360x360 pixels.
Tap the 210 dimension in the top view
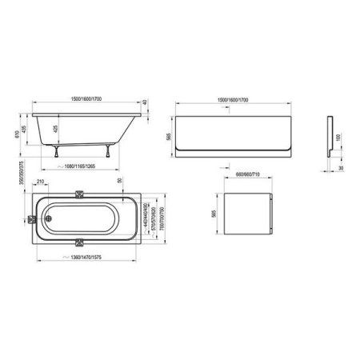pyautogui.click(x=41, y=182)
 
